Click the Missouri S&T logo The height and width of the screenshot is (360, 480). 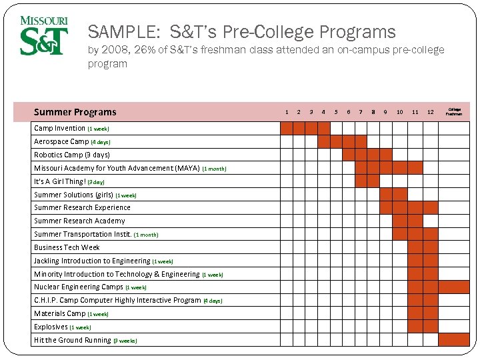pos(44,36)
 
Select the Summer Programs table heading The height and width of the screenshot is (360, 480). pos(75,112)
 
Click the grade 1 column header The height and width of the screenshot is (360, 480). pos(287,112)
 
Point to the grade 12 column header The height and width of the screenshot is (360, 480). pos(430,112)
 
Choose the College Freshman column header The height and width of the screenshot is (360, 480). pos(454,112)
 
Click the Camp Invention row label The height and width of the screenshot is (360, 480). pos(60,128)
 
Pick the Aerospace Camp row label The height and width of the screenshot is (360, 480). pos(61,141)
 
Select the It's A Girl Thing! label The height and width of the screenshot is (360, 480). pos(60,181)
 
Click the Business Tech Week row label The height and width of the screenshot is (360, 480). pos(67,247)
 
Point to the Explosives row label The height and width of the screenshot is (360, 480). pos(51,327)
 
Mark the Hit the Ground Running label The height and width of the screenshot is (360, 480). pos(73,340)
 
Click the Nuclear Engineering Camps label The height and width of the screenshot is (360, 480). pos(79,287)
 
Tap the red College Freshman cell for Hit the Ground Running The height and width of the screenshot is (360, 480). pos(454,339)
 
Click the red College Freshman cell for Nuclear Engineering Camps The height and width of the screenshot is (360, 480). pos(454,287)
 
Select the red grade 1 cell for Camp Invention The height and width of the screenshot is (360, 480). pos(287,128)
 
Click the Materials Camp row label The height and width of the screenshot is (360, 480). pos(60,313)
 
